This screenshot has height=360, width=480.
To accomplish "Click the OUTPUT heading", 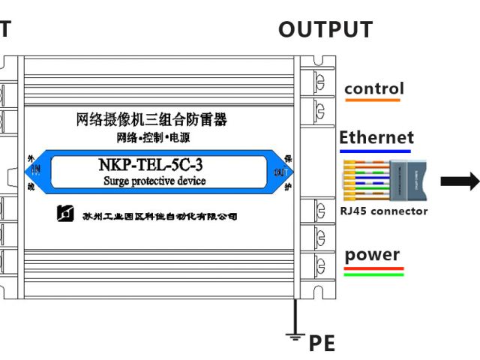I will [x=325, y=29].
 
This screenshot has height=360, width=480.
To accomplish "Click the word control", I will [x=373, y=88].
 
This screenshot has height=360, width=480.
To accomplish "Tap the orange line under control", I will [x=373, y=100].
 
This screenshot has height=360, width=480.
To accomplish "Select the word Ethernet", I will [x=376, y=137].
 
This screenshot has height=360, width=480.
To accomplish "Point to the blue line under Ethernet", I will [x=375, y=151].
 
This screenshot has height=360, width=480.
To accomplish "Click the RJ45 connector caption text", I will [x=383, y=211].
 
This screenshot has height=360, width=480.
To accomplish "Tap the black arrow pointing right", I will [x=459, y=180].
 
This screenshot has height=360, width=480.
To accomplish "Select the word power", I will [x=373, y=255].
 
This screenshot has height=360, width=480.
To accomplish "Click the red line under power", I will [x=373, y=268].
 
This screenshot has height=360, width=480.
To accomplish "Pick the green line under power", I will [x=373, y=274].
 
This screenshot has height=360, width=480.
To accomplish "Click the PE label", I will [x=321, y=344].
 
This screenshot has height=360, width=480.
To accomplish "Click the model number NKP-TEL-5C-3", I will [x=151, y=165].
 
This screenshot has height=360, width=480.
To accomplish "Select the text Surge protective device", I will [x=154, y=181].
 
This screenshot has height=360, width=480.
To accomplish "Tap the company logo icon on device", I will [x=66, y=214].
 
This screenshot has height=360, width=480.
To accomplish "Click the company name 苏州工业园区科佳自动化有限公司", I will [x=159, y=216].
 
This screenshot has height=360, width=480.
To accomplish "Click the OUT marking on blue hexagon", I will [x=280, y=172].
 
